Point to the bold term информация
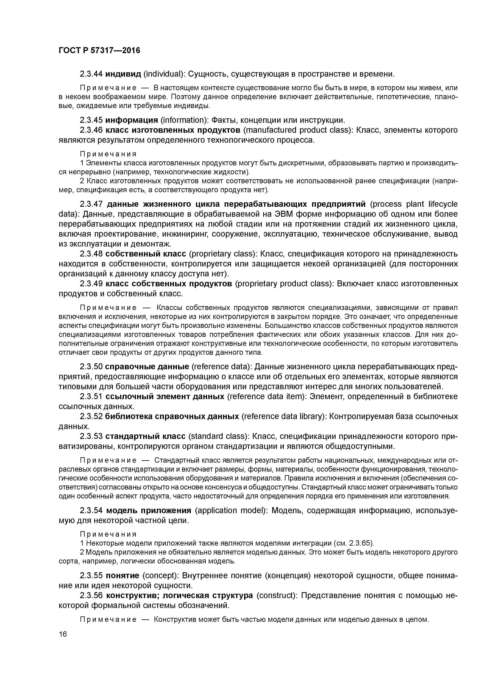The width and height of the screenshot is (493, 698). click(x=132, y=120)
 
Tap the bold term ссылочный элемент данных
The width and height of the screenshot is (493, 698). click(x=165, y=397)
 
